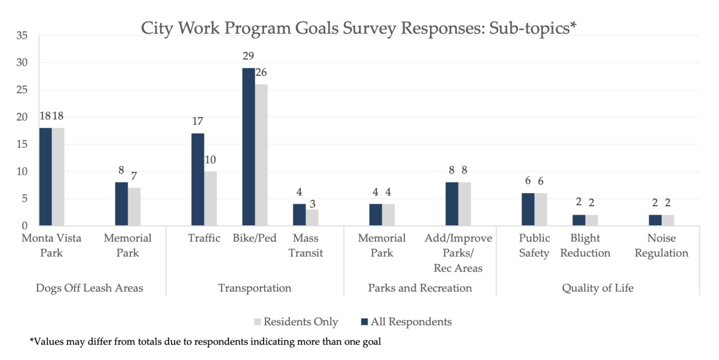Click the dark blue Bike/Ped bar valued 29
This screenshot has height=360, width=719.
(248, 147)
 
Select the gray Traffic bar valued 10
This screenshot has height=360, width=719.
(211, 198)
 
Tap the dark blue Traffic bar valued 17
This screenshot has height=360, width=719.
(198, 179)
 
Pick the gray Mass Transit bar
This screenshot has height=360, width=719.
(312, 217)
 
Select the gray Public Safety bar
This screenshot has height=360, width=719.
(540, 209)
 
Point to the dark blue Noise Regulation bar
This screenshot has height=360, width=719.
(655, 220)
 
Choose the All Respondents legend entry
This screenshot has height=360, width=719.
(406, 322)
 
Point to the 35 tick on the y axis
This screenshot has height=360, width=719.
(22, 35)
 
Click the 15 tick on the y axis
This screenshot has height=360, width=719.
(22, 144)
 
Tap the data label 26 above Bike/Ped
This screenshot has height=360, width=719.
(262, 73)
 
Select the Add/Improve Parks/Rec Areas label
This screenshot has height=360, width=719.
(458, 253)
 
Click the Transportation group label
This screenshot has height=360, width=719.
(254, 288)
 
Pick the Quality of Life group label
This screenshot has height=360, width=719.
(598, 288)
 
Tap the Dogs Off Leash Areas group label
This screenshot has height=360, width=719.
(89, 288)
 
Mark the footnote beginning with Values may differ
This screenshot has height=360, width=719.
(205, 341)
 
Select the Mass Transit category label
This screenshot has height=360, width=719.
(306, 245)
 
